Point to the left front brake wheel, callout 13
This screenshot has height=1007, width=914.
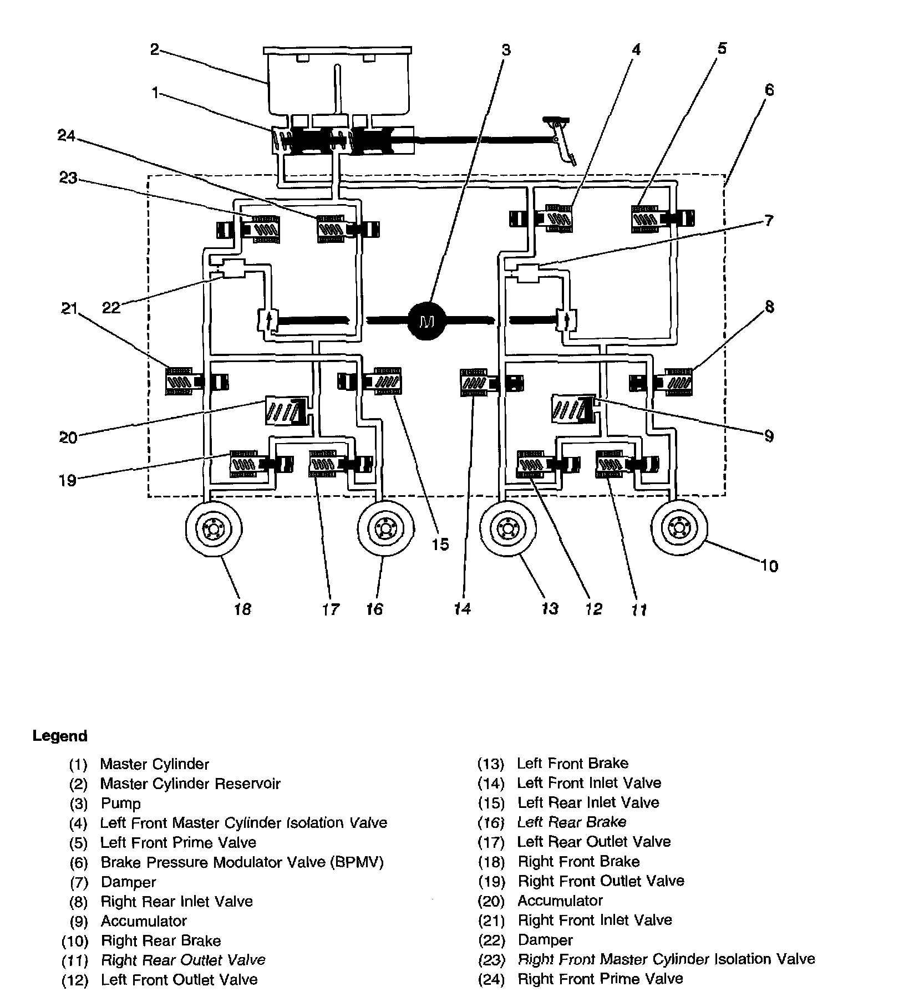pyautogui.click(x=507, y=528)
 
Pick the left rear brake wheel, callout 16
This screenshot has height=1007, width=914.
pyautogui.click(x=385, y=528)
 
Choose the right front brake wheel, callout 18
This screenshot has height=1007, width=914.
pyautogui.click(x=214, y=528)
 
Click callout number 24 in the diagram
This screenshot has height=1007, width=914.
pyautogui.click(x=67, y=136)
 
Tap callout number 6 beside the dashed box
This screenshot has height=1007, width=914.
pyautogui.click(x=768, y=90)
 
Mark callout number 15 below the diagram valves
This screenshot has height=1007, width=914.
pyautogui.click(x=440, y=545)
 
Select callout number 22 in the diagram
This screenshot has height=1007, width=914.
pyautogui.click(x=111, y=307)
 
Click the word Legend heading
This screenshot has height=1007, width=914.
pyautogui.click(x=60, y=736)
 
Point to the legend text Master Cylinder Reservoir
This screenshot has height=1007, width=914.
pyautogui.click(x=190, y=784)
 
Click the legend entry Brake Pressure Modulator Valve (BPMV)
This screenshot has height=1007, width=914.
pyautogui.click(x=242, y=862)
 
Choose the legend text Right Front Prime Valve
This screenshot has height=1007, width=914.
pyautogui.click(x=600, y=979)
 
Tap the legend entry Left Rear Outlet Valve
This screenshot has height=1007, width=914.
pyautogui.click(x=594, y=842)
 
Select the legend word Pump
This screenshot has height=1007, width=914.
pyautogui.click(x=120, y=803)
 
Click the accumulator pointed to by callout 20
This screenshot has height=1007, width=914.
pyautogui.click(x=286, y=411)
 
